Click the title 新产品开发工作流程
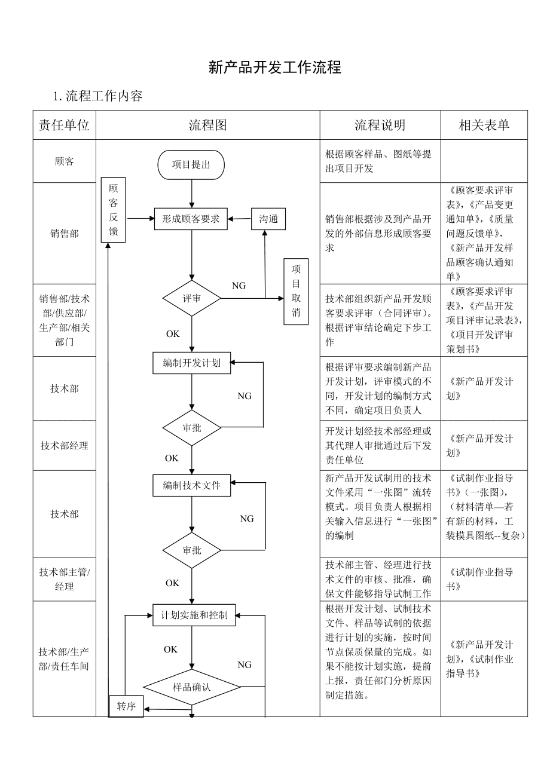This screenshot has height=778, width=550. point(274,68)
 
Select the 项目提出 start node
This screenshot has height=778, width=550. point(191,165)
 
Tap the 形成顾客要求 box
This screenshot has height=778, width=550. point(191,219)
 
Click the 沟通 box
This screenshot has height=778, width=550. point(268,219)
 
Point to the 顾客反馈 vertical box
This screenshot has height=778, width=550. point(113,210)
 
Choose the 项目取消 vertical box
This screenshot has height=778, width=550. point(296,292)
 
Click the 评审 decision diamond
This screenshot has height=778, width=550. point(191,298)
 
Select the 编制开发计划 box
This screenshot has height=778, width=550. point(191,363)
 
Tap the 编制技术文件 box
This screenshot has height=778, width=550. point(191,485)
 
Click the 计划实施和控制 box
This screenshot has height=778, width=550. point(194,615)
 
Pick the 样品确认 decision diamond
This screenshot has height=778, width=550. point(191,687)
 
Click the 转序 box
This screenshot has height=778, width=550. point(126,706)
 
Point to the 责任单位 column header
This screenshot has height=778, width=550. point(65,125)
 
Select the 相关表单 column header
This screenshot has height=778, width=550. point(484,125)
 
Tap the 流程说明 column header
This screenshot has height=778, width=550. point(380,125)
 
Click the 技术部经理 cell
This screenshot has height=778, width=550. point(65,445)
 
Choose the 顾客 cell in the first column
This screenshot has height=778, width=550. point(65,161)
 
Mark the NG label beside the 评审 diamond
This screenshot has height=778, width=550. point(239,286)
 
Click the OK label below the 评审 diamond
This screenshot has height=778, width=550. point(173,334)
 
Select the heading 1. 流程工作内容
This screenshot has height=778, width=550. point(97,96)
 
